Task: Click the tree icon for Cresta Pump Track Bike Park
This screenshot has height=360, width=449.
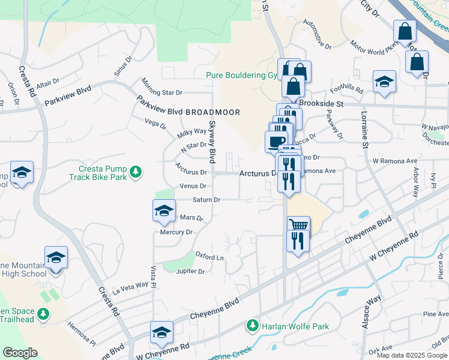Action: (136, 173)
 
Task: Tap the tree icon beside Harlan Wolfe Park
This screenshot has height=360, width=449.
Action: (253, 326)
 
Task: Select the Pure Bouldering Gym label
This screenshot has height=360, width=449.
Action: (243, 75)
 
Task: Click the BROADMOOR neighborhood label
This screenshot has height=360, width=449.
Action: (212, 112)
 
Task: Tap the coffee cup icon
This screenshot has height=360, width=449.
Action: (276, 142)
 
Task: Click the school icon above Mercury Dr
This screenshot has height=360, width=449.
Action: (163, 210)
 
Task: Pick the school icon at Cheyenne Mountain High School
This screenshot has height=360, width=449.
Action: (56, 257)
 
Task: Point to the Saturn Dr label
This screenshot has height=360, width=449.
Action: (206, 199)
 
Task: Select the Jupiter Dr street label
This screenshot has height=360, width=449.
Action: (190, 271)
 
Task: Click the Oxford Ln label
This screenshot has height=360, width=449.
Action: (209, 257)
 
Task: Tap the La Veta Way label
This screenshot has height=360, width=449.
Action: (133, 285)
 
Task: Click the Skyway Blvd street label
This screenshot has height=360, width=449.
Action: (212, 142)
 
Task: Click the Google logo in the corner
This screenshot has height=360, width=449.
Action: (20, 353)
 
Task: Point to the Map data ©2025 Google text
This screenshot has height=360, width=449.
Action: (411, 355)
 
